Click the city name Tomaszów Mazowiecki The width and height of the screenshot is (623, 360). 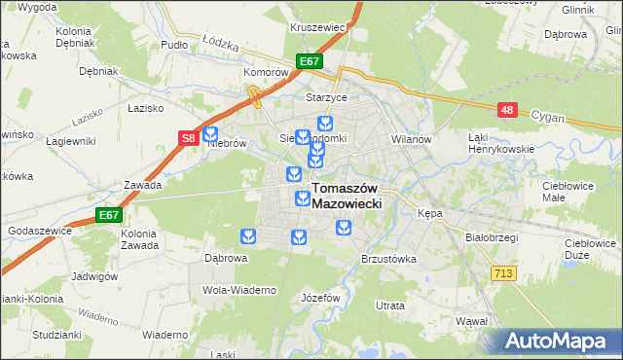click(346, 197)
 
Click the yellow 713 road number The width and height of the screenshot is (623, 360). click(503, 274)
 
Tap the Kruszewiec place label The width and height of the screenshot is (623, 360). click(318, 27)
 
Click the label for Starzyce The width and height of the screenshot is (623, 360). click(354, 97)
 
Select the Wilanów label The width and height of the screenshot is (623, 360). click(411, 139)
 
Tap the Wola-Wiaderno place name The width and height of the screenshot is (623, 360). click(239, 290)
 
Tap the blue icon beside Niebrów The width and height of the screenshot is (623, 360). click(210, 135)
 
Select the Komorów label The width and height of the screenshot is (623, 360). click(268, 72)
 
